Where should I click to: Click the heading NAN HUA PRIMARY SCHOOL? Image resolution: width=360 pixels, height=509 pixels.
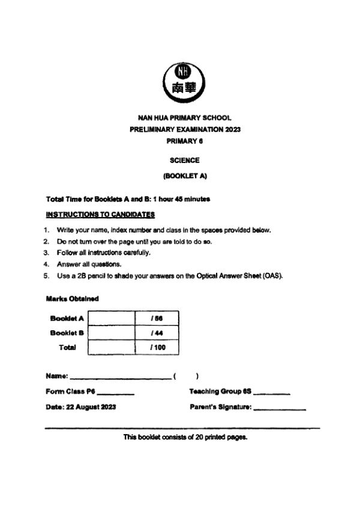(185, 118)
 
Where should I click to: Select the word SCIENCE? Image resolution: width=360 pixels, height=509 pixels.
(185, 161)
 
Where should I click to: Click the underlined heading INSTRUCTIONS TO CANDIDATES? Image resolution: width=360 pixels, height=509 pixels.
(100, 214)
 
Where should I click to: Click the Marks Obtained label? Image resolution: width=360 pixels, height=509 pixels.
(72, 299)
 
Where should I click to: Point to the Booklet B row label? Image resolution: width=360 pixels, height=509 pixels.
(67, 333)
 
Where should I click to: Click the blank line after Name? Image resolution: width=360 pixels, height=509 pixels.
(120, 378)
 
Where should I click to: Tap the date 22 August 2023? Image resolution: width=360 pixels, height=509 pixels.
(91, 407)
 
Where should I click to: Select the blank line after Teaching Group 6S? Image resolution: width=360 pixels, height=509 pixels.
(272, 393)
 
